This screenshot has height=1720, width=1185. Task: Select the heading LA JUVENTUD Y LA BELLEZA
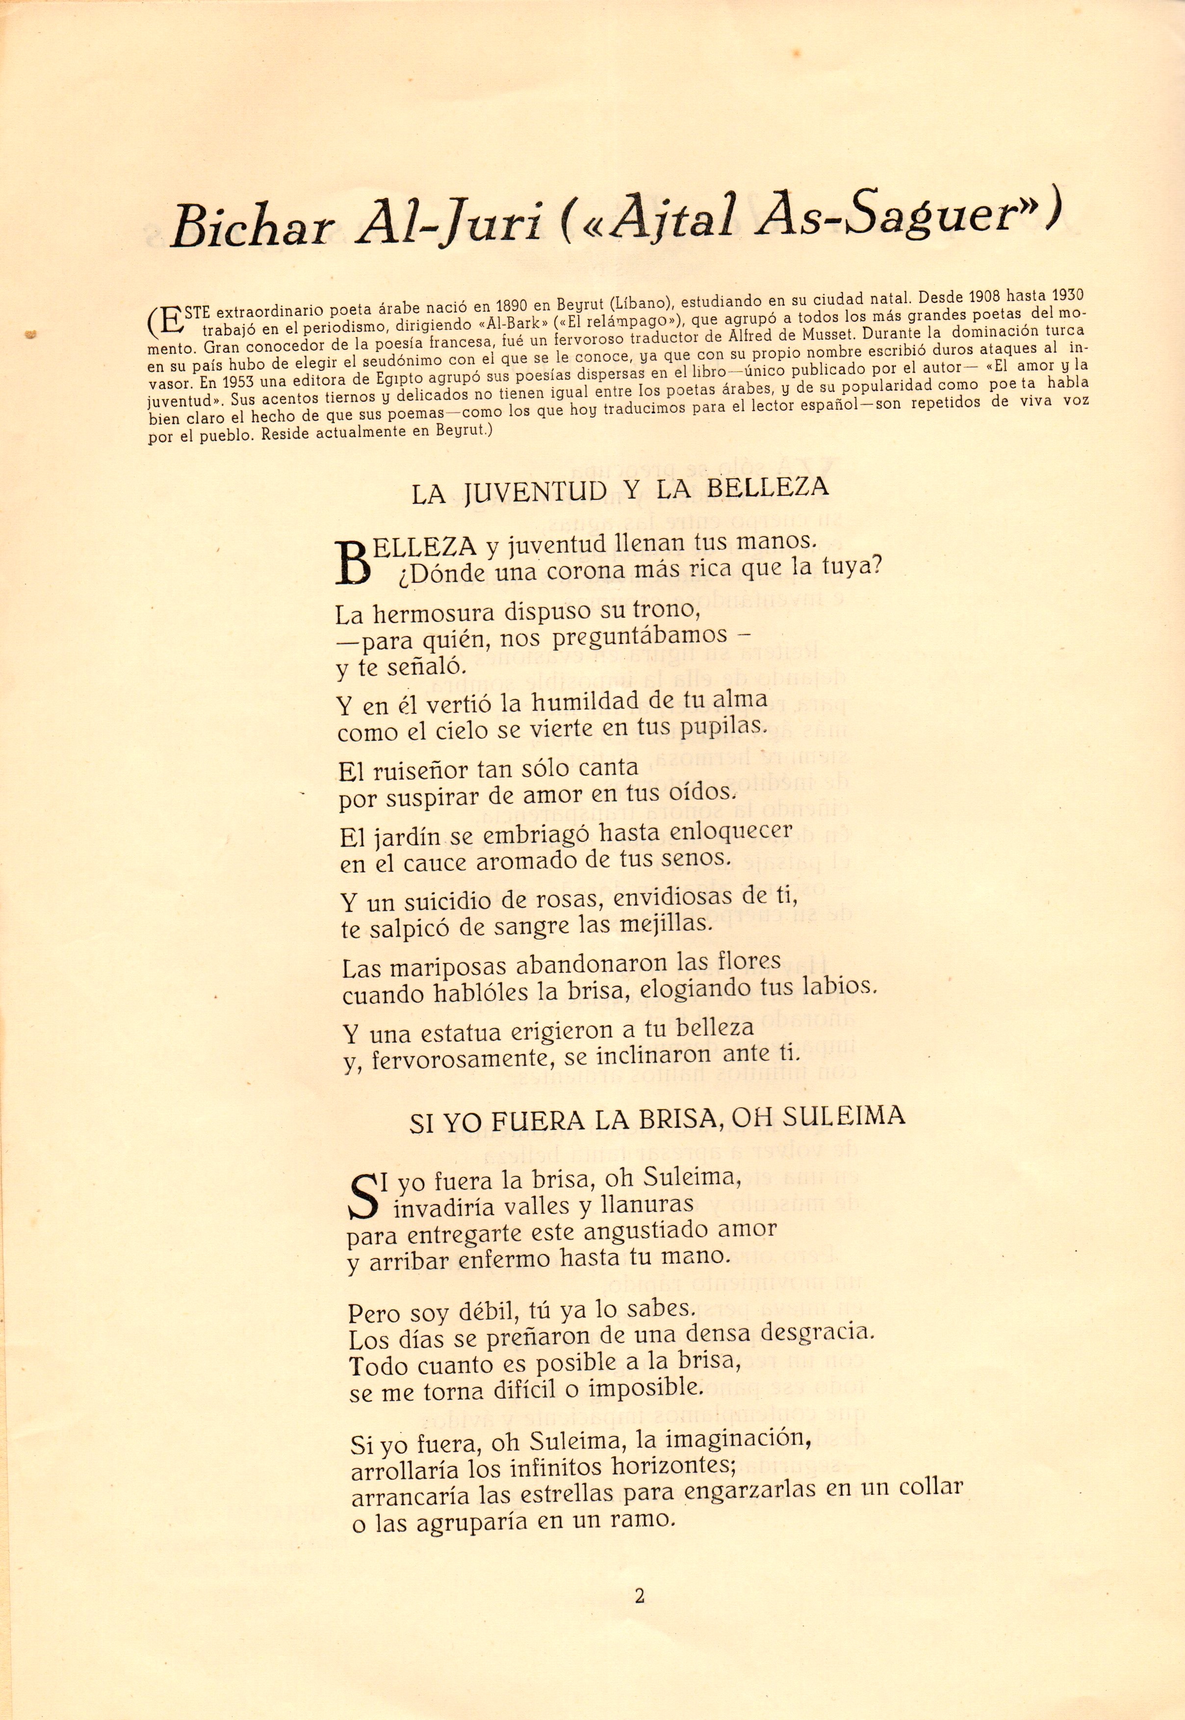pos(619,492)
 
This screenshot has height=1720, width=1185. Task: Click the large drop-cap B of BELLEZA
pos(354,563)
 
